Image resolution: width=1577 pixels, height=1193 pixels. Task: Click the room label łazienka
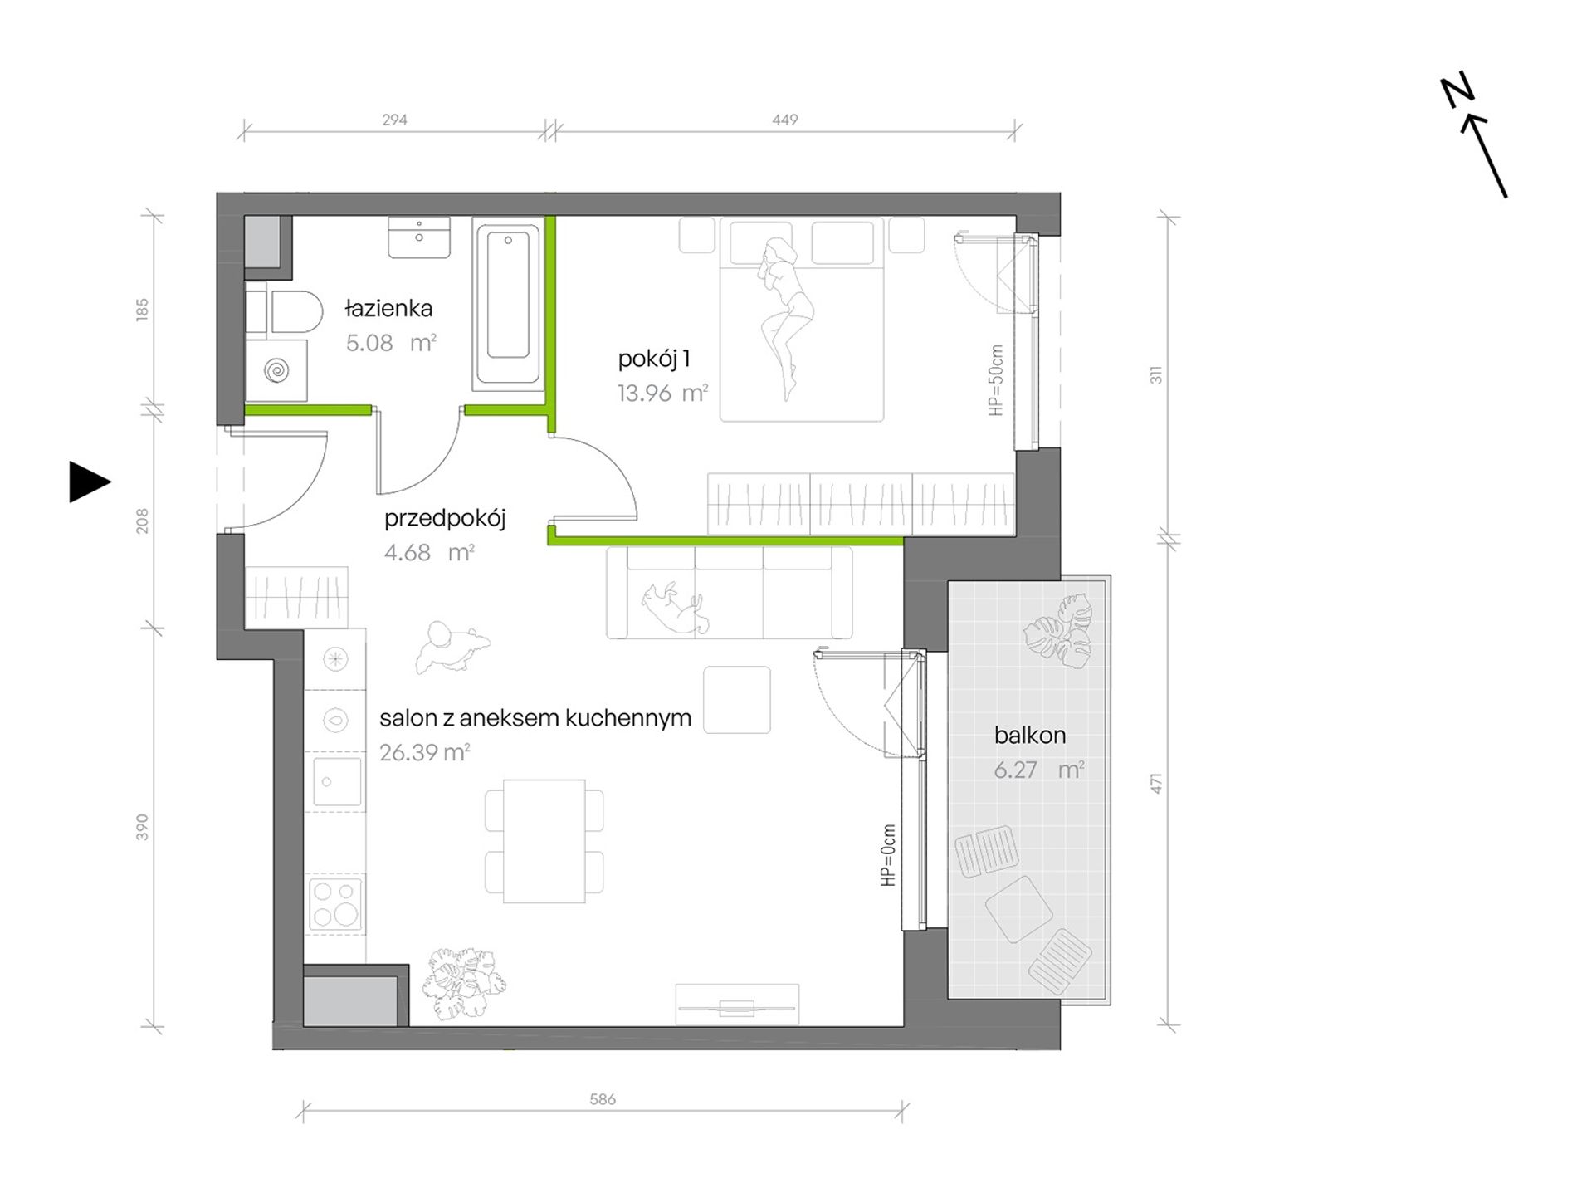[388, 309]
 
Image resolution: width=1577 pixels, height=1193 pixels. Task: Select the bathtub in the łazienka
[508, 304]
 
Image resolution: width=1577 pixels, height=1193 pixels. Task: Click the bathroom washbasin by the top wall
[419, 237]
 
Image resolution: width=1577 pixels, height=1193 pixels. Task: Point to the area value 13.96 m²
[662, 393]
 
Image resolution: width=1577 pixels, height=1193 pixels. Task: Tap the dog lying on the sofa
[675, 609]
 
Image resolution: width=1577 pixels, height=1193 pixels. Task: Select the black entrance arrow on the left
[90, 482]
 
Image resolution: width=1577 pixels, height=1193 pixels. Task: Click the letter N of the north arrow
[1457, 91]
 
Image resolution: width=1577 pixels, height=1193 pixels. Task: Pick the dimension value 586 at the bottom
[603, 1099]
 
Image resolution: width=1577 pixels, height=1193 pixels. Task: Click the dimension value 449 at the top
[784, 120]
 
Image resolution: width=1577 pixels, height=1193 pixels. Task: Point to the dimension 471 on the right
[1156, 783]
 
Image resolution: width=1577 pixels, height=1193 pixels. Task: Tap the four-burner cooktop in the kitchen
[335, 903]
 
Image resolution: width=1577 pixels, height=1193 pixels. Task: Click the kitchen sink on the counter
[337, 781]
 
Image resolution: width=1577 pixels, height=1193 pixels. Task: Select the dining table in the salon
[544, 841]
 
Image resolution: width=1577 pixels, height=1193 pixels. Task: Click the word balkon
[1030, 736]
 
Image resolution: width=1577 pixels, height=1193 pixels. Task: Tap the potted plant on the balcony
[1058, 631]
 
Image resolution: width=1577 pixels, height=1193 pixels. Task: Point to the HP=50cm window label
[997, 380]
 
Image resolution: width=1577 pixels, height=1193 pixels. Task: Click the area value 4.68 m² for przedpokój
[429, 553]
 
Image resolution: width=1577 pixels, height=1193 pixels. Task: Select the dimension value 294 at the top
[394, 120]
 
